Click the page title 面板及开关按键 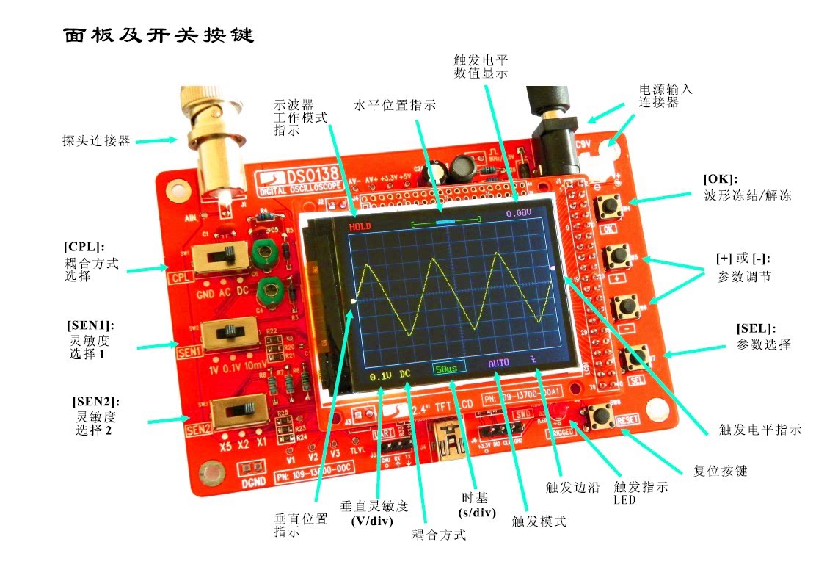point(158,35)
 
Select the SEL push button point(635,359)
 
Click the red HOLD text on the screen point(360,226)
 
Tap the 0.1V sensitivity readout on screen point(380,376)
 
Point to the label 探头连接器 point(96,140)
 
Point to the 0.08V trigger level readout point(518,213)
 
